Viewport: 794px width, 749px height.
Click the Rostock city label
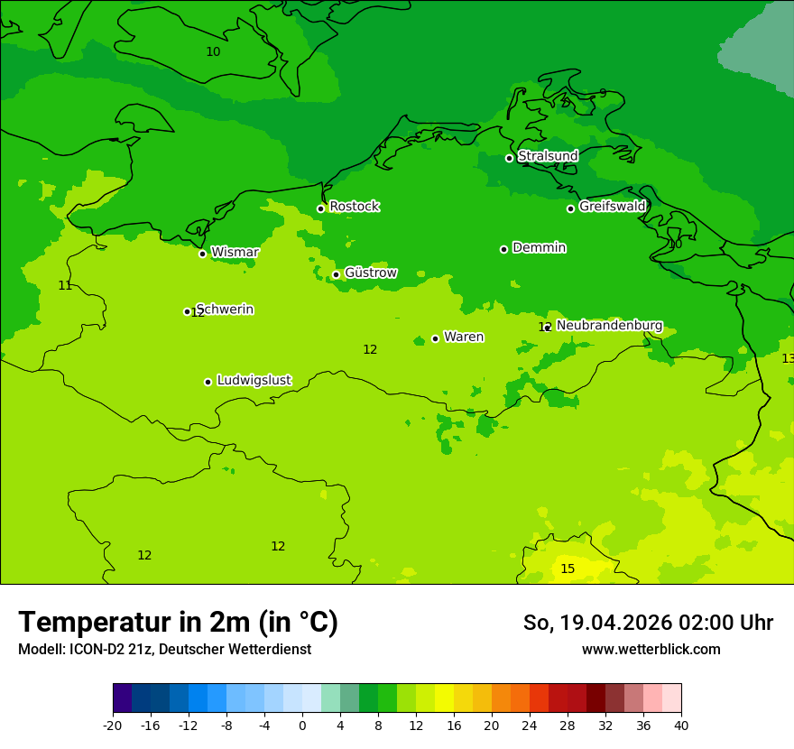click(354, 207)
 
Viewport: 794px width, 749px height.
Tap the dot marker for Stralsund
click(509, 158)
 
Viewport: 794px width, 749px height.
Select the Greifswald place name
click(612, 207)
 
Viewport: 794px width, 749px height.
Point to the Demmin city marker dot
click(503, 249)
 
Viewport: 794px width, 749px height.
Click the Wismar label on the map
click(235, 252)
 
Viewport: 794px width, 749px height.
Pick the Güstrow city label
click(370, 273)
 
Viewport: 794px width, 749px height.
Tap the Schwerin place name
click(225, 310)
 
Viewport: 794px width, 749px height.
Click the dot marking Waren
click(435, 338)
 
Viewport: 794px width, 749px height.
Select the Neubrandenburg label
click(609, 325)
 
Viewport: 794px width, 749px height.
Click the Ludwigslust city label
click(254, 380)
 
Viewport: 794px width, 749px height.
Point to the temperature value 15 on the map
click(568, 569)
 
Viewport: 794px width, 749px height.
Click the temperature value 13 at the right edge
click(788, 358)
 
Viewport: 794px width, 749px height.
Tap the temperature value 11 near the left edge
click(65, 285)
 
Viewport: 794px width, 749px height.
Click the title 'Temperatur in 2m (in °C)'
click(178, 622)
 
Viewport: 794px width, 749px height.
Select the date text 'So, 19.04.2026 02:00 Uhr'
click(648, 623)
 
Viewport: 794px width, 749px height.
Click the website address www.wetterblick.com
click(651, 650)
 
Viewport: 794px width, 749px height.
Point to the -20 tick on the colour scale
click(113, 726)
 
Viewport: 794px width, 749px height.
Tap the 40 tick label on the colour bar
click(681, 726)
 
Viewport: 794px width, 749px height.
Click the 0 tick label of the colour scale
click(302, 726)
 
